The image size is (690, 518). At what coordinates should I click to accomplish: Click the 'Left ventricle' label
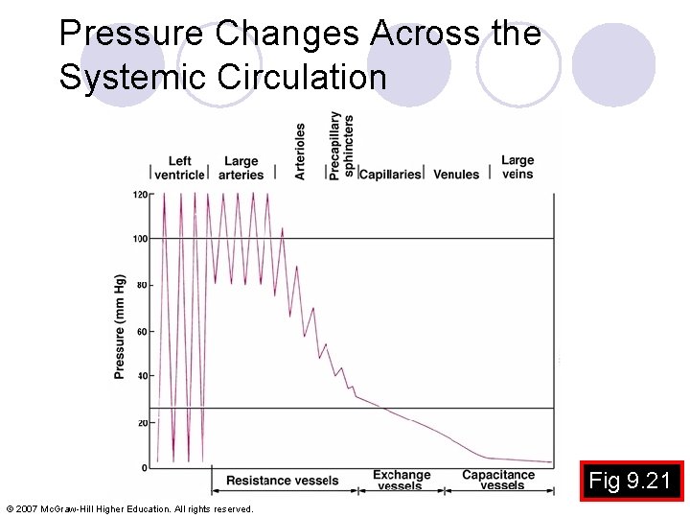coord(179,168)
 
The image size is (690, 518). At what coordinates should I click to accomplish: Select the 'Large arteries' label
coord(241,168)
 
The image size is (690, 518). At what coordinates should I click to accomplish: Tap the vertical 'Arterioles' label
coord(300,151)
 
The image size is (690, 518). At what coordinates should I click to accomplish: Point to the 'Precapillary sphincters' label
coord(341,146)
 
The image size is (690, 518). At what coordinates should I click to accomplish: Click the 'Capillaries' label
coord(390,175)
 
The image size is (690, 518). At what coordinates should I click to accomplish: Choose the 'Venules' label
coord(456,175)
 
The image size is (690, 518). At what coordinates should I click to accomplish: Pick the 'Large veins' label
coord(517,167)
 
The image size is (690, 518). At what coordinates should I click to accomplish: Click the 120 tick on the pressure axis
coord(140,195)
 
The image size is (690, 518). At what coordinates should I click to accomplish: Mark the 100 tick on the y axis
coord(140,239)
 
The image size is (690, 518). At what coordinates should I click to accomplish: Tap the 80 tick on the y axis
coord(142,285)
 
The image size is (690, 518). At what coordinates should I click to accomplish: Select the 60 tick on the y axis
coord(142,332)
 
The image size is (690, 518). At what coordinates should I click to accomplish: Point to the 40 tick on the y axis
coord(142,376)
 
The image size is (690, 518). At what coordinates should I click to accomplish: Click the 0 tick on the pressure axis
coord(145,468)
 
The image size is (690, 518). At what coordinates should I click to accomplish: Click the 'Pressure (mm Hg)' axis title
coord(120,326)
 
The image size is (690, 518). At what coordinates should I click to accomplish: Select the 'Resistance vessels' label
coord(282,481)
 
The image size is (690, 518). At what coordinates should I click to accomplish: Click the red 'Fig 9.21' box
coord(630,481)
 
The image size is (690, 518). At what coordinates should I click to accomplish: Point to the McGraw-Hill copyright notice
coord(129,508)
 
